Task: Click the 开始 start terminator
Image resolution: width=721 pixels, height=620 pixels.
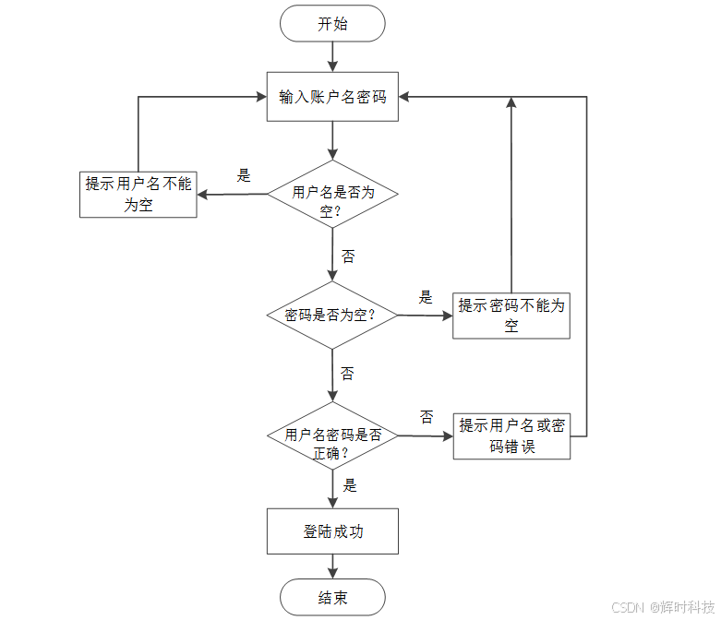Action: point(332,24)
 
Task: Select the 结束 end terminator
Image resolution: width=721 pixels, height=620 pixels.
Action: point(332,598)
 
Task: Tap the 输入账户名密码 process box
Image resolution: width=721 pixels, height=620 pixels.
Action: point(332,97)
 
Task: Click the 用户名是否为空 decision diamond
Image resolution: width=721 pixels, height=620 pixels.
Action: point(332,194)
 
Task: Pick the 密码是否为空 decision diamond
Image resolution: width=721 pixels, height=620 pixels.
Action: point(332,315)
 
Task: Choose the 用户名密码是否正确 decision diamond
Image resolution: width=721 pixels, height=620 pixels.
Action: point(332,435)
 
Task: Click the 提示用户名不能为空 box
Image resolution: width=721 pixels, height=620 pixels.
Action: point(138,194)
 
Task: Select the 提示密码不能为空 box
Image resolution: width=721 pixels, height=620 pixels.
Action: point(511,316)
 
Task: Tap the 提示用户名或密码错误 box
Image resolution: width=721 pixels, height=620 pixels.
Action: point(511,435)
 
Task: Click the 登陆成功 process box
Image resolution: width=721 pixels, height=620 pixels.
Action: point(332,531)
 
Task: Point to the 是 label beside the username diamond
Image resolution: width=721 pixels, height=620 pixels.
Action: point(244,176)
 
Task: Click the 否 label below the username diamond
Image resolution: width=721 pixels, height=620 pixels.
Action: point(347,256)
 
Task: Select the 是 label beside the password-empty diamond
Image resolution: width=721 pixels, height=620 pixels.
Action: point(426,297)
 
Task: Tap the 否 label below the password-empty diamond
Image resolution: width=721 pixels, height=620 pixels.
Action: point(347,374)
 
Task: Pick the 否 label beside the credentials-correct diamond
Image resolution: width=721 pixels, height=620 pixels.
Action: point(427,417)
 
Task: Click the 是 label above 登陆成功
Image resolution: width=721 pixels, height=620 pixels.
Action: point(350,485)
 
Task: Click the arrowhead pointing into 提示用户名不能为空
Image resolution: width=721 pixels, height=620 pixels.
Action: point(204,194)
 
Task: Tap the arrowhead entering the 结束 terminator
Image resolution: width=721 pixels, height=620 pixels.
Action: point(332,573)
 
